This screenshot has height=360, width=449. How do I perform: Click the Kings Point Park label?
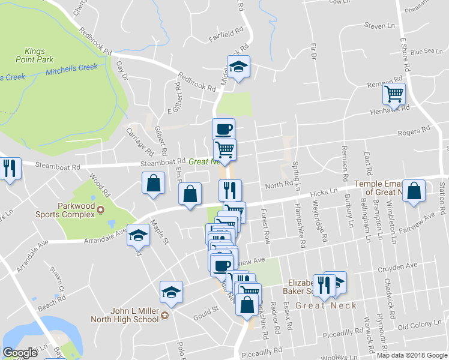point(39,55)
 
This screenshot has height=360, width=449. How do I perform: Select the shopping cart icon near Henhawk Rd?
point(394,93)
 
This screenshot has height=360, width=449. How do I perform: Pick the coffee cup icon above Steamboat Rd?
point(223,129)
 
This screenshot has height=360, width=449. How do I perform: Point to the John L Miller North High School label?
point(125,315)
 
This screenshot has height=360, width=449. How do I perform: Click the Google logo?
point(20,353)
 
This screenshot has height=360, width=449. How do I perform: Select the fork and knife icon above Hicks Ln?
point(229,190)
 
